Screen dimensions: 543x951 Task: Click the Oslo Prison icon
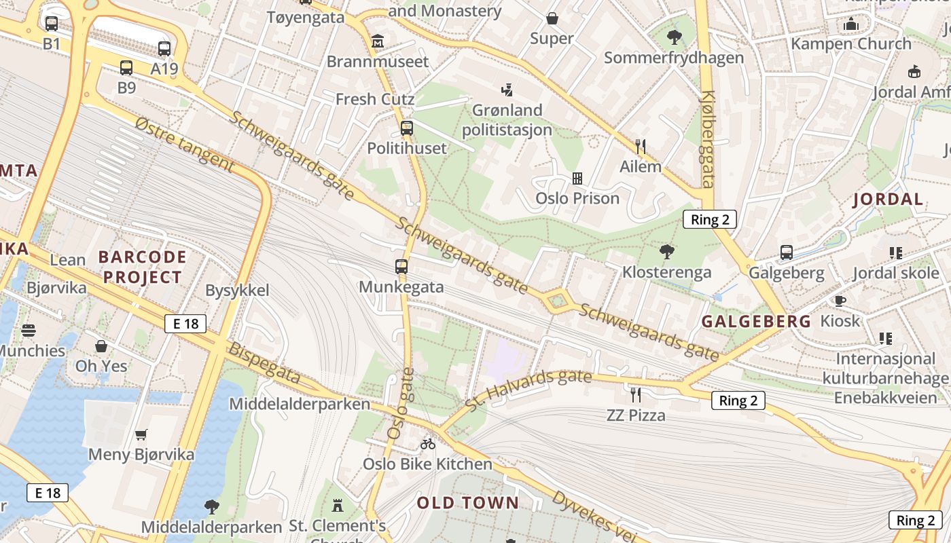coord(577,179)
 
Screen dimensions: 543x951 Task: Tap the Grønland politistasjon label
coord(507,119)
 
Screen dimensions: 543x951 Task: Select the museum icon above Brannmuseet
coord(378,42)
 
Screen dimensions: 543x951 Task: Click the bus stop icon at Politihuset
coord(407,128)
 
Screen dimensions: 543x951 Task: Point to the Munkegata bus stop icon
coord(401,267)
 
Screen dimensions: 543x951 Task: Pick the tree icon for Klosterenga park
coord(667,252)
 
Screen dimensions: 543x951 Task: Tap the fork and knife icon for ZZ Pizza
coord(636,394)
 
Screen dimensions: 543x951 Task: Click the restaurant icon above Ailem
coord(640,146)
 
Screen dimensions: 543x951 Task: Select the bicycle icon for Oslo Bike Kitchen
coord(427,444)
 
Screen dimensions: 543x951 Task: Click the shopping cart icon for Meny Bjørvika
coord(141,434)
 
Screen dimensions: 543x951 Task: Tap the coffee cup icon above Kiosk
coord(840,301)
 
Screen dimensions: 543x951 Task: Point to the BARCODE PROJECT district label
coord(142,267)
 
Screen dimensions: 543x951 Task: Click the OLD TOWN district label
coord(468,503)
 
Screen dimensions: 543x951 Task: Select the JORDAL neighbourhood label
coord(888,200)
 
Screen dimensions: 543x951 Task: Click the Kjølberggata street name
coord(708,138)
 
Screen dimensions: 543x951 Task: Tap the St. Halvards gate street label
coord(528,389)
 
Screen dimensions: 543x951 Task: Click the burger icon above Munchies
coord(29,331)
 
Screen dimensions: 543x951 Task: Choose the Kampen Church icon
coord(851,24)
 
